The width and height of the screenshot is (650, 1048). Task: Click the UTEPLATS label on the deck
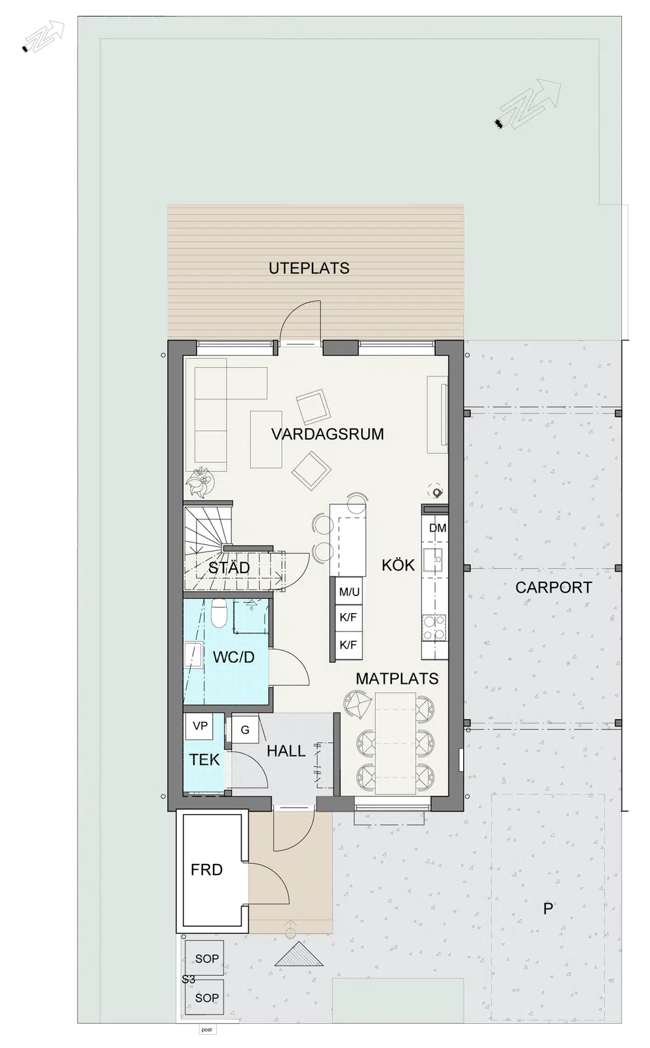point(309,268)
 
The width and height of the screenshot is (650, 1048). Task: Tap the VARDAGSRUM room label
point(328,434)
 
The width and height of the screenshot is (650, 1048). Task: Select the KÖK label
point(398,565)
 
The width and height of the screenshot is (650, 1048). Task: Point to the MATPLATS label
point(397,679)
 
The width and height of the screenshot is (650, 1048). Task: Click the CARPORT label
point(554,587)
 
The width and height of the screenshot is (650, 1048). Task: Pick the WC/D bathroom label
point(233,657)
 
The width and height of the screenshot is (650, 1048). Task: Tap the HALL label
point(286,751)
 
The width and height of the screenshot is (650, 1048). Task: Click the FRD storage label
point(206,870)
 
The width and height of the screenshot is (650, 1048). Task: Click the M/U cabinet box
point(349,592)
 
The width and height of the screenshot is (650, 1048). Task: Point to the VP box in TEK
point(199,726)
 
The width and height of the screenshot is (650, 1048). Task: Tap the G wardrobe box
point(245,730)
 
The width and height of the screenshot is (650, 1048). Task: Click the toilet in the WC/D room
point(219,613)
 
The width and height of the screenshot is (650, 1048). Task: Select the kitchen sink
point(433,560)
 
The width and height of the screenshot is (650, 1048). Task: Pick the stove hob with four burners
point(434,628)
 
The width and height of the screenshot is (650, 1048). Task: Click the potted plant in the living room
point(200,482)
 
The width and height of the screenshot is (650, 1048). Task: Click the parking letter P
point(548,908)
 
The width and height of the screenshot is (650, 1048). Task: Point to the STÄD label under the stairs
point(229,567)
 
